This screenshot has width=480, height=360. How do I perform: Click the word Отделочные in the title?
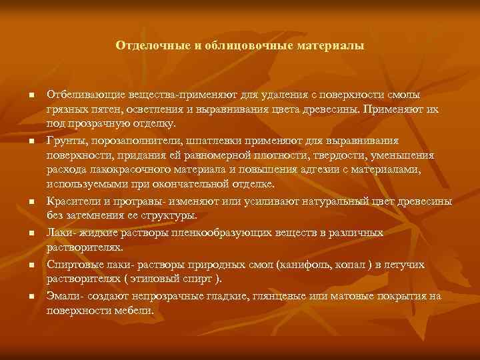tap(146, 46)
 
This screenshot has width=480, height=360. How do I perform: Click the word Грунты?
tap(65, 141)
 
